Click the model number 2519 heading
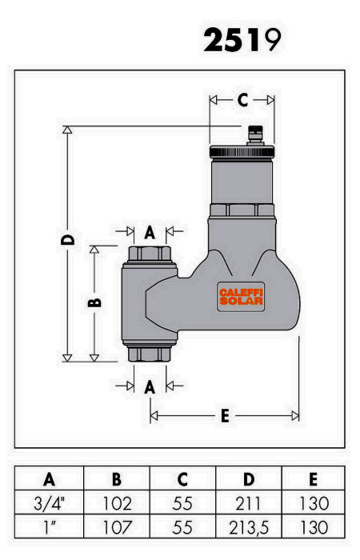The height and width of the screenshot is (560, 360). tap(242, 40)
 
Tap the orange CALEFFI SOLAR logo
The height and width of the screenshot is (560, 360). tap(241, 297)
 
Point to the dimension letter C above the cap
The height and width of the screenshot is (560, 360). tap(242, 100)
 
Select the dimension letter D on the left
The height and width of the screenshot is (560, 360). tap(68, 240)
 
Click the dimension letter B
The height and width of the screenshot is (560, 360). tap(95, 303)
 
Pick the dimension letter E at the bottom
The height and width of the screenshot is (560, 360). tap(225, 416)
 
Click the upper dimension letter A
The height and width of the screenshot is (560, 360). tap(150, 233)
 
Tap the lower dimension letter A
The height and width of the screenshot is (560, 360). tap(150, 387)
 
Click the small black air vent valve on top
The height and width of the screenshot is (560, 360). tap(255, 135)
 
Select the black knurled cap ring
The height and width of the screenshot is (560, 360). tap(242, 151)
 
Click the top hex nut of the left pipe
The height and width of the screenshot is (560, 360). tap(150, 254)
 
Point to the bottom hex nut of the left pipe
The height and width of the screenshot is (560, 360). tap(150, 354)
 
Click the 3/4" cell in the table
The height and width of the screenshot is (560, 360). tap(50, 503)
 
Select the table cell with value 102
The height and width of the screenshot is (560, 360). tap(117, 503)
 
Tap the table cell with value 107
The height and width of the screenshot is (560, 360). tap(118, 527)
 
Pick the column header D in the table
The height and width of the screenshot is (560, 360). tap(249, 479)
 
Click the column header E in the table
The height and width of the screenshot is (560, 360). tap(314, 479)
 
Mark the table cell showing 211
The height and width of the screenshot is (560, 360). tap(248, 503)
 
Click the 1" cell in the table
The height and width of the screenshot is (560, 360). tap(50, 527)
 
